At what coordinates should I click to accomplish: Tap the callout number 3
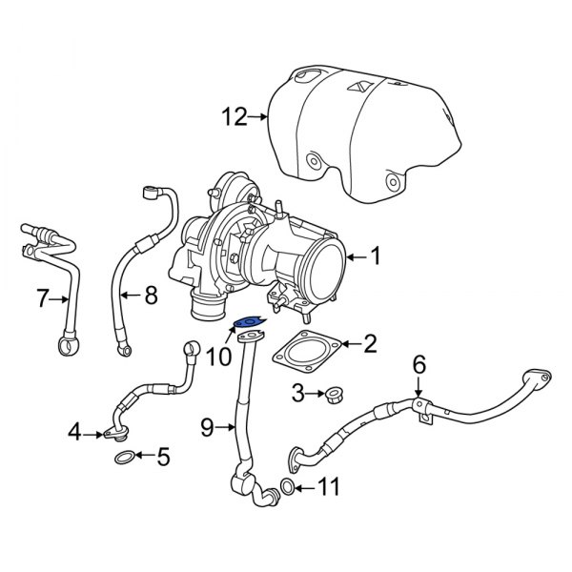[x=297, y=392]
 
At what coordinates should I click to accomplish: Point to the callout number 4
[x=74, y=435]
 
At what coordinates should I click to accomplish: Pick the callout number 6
[x=417, y=363]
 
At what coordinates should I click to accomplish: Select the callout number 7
[x=41, y=299]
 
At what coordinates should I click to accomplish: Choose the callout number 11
[x=328, y=490]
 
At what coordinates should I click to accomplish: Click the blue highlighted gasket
[x=247, y=322]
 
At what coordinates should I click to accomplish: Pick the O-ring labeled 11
[x=287, y=490]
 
